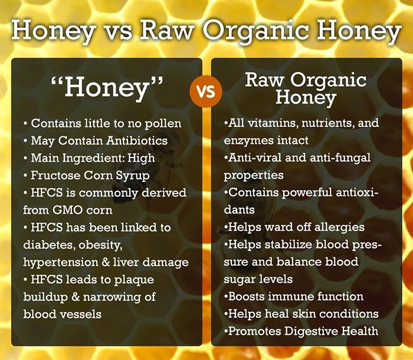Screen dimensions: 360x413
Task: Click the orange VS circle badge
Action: (206, 92)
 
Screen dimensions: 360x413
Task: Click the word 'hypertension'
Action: (62, 261)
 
